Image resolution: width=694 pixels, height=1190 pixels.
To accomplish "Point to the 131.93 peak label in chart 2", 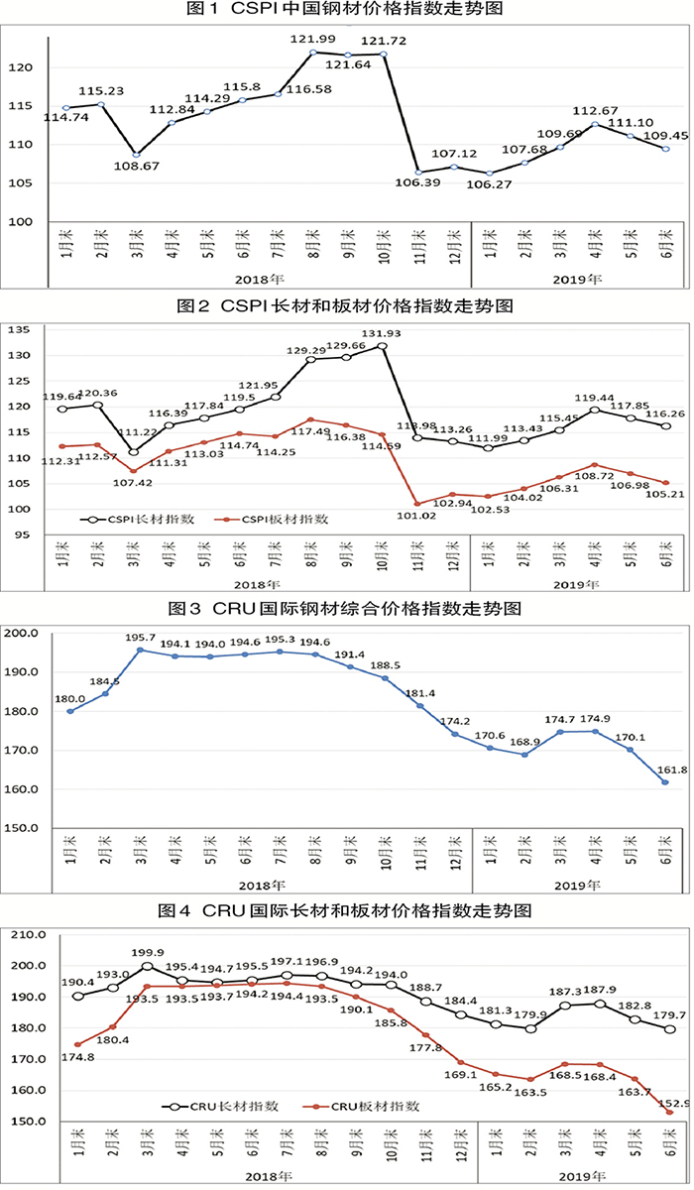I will [x=380, y=332].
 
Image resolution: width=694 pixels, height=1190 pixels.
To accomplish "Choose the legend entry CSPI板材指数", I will [x=283, y=518].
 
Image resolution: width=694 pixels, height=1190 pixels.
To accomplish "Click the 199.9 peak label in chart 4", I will [x=148, y=950].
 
